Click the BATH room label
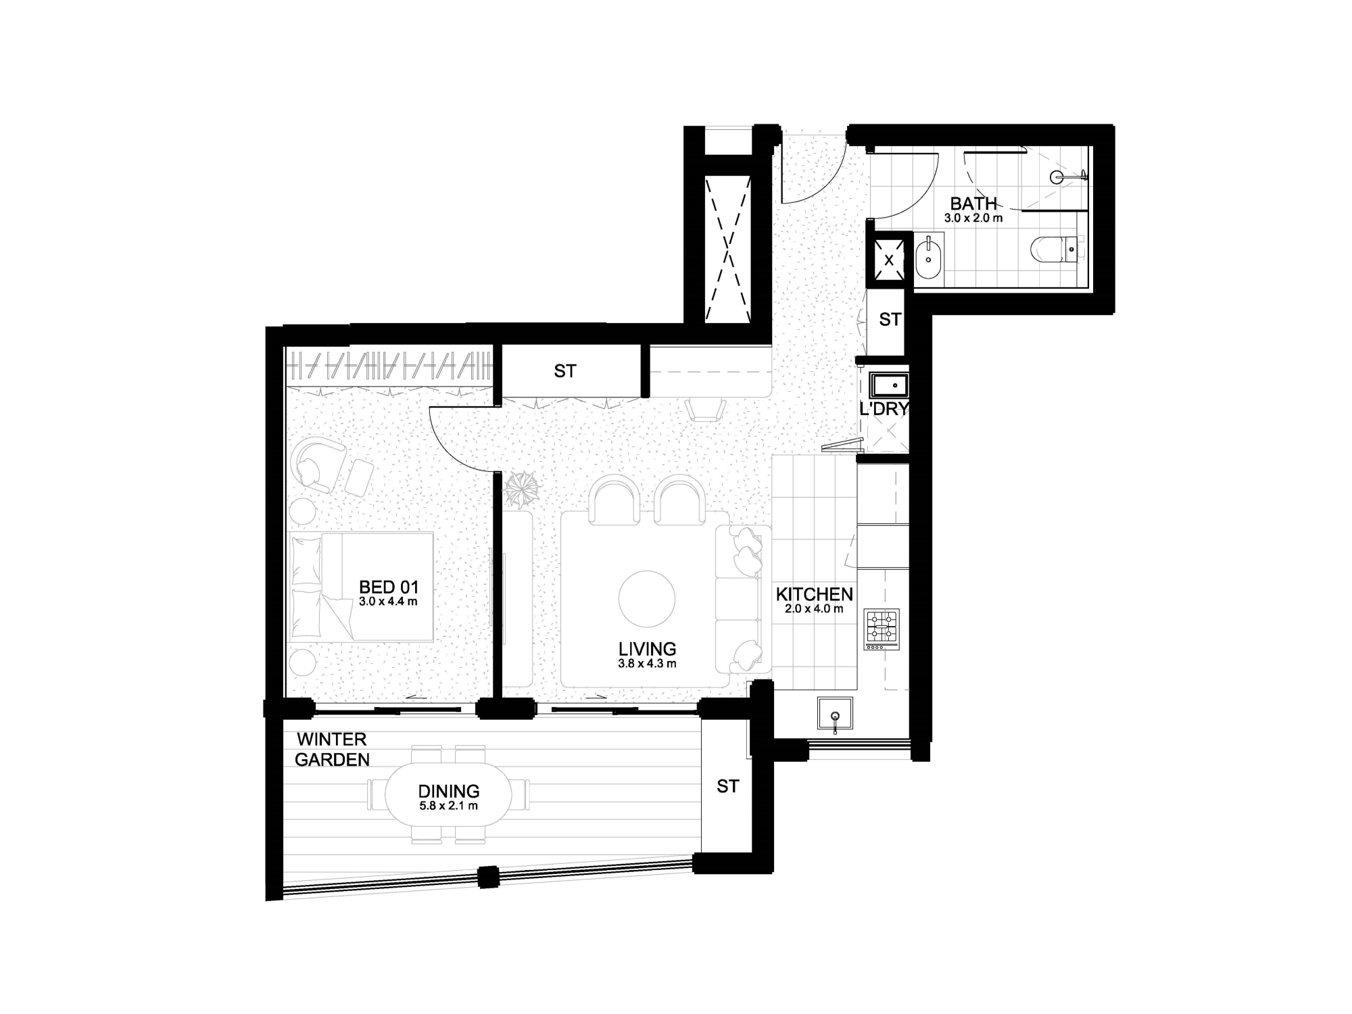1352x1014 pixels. point(973,203)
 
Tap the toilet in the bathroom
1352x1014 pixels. point(1058,248)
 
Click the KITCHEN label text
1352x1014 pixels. point(814,594)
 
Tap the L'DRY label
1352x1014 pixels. point(884,408)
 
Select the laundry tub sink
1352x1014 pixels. point(888,385)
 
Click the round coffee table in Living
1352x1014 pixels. point(647,600)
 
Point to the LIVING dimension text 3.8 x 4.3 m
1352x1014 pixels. point(647,664)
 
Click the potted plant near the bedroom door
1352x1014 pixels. point(522,488)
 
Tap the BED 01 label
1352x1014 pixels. point(389,587)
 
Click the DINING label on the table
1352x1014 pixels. point(448,791)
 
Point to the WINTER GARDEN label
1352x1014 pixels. point(332,750)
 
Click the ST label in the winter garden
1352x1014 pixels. point(727,786)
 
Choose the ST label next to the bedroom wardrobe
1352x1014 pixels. point(565,371)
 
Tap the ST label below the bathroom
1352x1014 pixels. point(890,319)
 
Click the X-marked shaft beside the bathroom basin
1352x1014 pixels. point(889,260)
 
